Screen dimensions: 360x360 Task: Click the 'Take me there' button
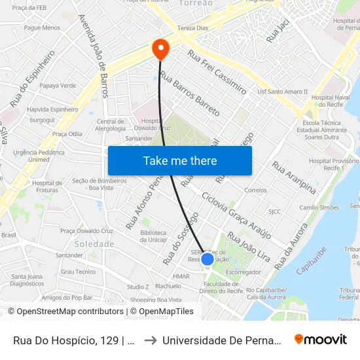pyautogui.click(x=180, y=161)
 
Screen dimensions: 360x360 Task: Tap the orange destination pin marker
pyautogui.click(x=160, y=48)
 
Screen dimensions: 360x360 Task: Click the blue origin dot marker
pyautogui.click(x=207, y=259)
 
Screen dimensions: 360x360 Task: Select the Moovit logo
pyautogui.click(x=321, y=340)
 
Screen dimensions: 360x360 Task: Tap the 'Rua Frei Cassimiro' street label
pyautogui.click(x=217, y=72)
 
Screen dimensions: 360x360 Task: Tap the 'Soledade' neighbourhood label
pyautogui.click(x=90, y=243)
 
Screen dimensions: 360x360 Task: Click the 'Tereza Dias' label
pyautogui.click(x=192, y=28)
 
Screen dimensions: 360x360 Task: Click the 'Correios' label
pyautogui.click(x=255, y=190)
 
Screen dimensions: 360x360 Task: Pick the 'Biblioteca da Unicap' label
pyautogui.click(x=153, y=236)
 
